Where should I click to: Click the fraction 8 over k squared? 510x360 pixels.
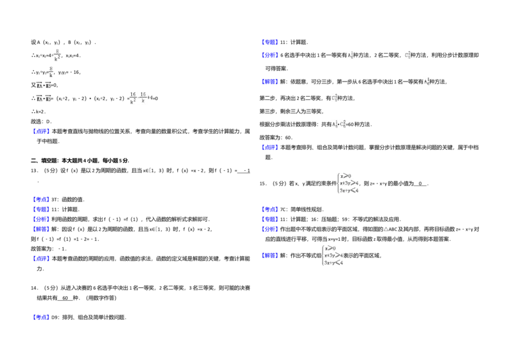point(56,55)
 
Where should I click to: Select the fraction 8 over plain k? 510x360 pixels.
point(51,71)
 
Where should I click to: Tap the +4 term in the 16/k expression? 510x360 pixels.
point(149,97)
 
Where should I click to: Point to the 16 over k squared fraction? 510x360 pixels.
point(133,97)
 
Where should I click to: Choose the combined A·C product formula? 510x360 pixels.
point(337,124)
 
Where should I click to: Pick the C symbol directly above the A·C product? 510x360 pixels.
point(334,97)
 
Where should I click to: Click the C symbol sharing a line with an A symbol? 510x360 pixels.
point(408,55)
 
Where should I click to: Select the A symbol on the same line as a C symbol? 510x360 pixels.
point(351,55)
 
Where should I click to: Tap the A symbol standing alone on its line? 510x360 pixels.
point(426,82)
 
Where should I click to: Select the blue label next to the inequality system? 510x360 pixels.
point(270,256)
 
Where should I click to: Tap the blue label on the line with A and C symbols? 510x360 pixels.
point(270,56)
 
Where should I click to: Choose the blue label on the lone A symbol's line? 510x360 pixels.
point(270,82)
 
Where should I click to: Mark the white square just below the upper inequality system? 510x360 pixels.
point(329,212)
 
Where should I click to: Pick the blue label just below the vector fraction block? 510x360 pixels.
point(41,132)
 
